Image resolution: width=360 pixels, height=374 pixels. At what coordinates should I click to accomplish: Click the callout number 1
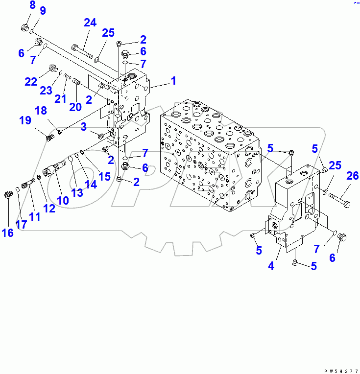(x=173, y=81)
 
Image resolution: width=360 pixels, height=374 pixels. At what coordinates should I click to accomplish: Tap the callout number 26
(x=352, y=176)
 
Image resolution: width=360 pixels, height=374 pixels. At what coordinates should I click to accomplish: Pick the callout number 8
(x=32, y=6)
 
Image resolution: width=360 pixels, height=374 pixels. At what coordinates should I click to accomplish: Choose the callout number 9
(x=43, y=11)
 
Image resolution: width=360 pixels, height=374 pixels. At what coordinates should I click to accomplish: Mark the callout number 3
(x=84, y=127)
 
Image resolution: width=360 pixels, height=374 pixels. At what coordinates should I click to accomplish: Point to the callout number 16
(x=7, y=233)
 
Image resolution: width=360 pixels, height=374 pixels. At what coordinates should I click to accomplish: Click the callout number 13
(x=76, y=192)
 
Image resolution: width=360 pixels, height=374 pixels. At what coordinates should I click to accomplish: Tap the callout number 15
(x=105, y=175)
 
